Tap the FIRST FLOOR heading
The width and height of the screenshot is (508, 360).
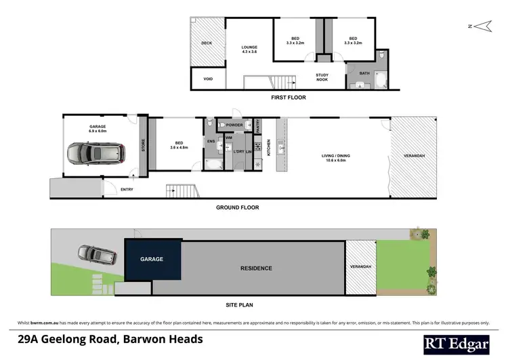click(289, 98)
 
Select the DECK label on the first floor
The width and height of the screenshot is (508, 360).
click(207, 43)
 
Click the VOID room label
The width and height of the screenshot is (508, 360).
click(208, 79)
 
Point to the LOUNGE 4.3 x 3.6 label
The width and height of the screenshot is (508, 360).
click(250, 49)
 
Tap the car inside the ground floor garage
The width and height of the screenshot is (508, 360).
click(98, 155)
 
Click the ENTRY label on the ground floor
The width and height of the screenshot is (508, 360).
click(127, 189)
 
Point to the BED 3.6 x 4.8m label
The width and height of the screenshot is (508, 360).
click(179, 144)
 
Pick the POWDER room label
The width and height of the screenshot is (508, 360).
click(234, 125)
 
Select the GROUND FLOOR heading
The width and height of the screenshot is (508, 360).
click(237, 207)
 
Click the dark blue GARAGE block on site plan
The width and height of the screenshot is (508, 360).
click(152, 259)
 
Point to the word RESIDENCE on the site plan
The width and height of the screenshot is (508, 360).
click(257, 268)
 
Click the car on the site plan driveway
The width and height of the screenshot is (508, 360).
click(91, 254)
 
